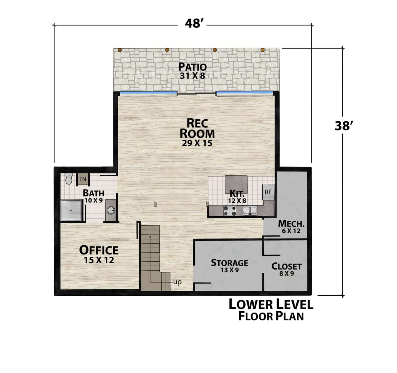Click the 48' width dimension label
(x=193, y=24)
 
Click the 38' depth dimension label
(x=343, y=126)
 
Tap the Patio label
(x=192, y=67)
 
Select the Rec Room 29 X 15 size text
(x=197, y=143)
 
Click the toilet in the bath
(x=69, y=179)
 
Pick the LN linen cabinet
(x=82, y=179)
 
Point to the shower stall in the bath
(x=71, y=210)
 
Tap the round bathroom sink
(x=111, y=210)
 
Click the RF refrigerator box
(x=268, y=192)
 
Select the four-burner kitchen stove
(x=230, y=211)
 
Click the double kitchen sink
(x=250, y=211)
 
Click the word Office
(x=99, y=250)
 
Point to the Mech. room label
(x=291, y=224)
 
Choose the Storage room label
(x=229, y=262)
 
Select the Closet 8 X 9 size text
(x=286, y=274)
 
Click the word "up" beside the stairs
(x=177, y=282)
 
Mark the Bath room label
(x=93, y=193)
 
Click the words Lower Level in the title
(x=271, y=304)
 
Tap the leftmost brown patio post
(x=120, y=50)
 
